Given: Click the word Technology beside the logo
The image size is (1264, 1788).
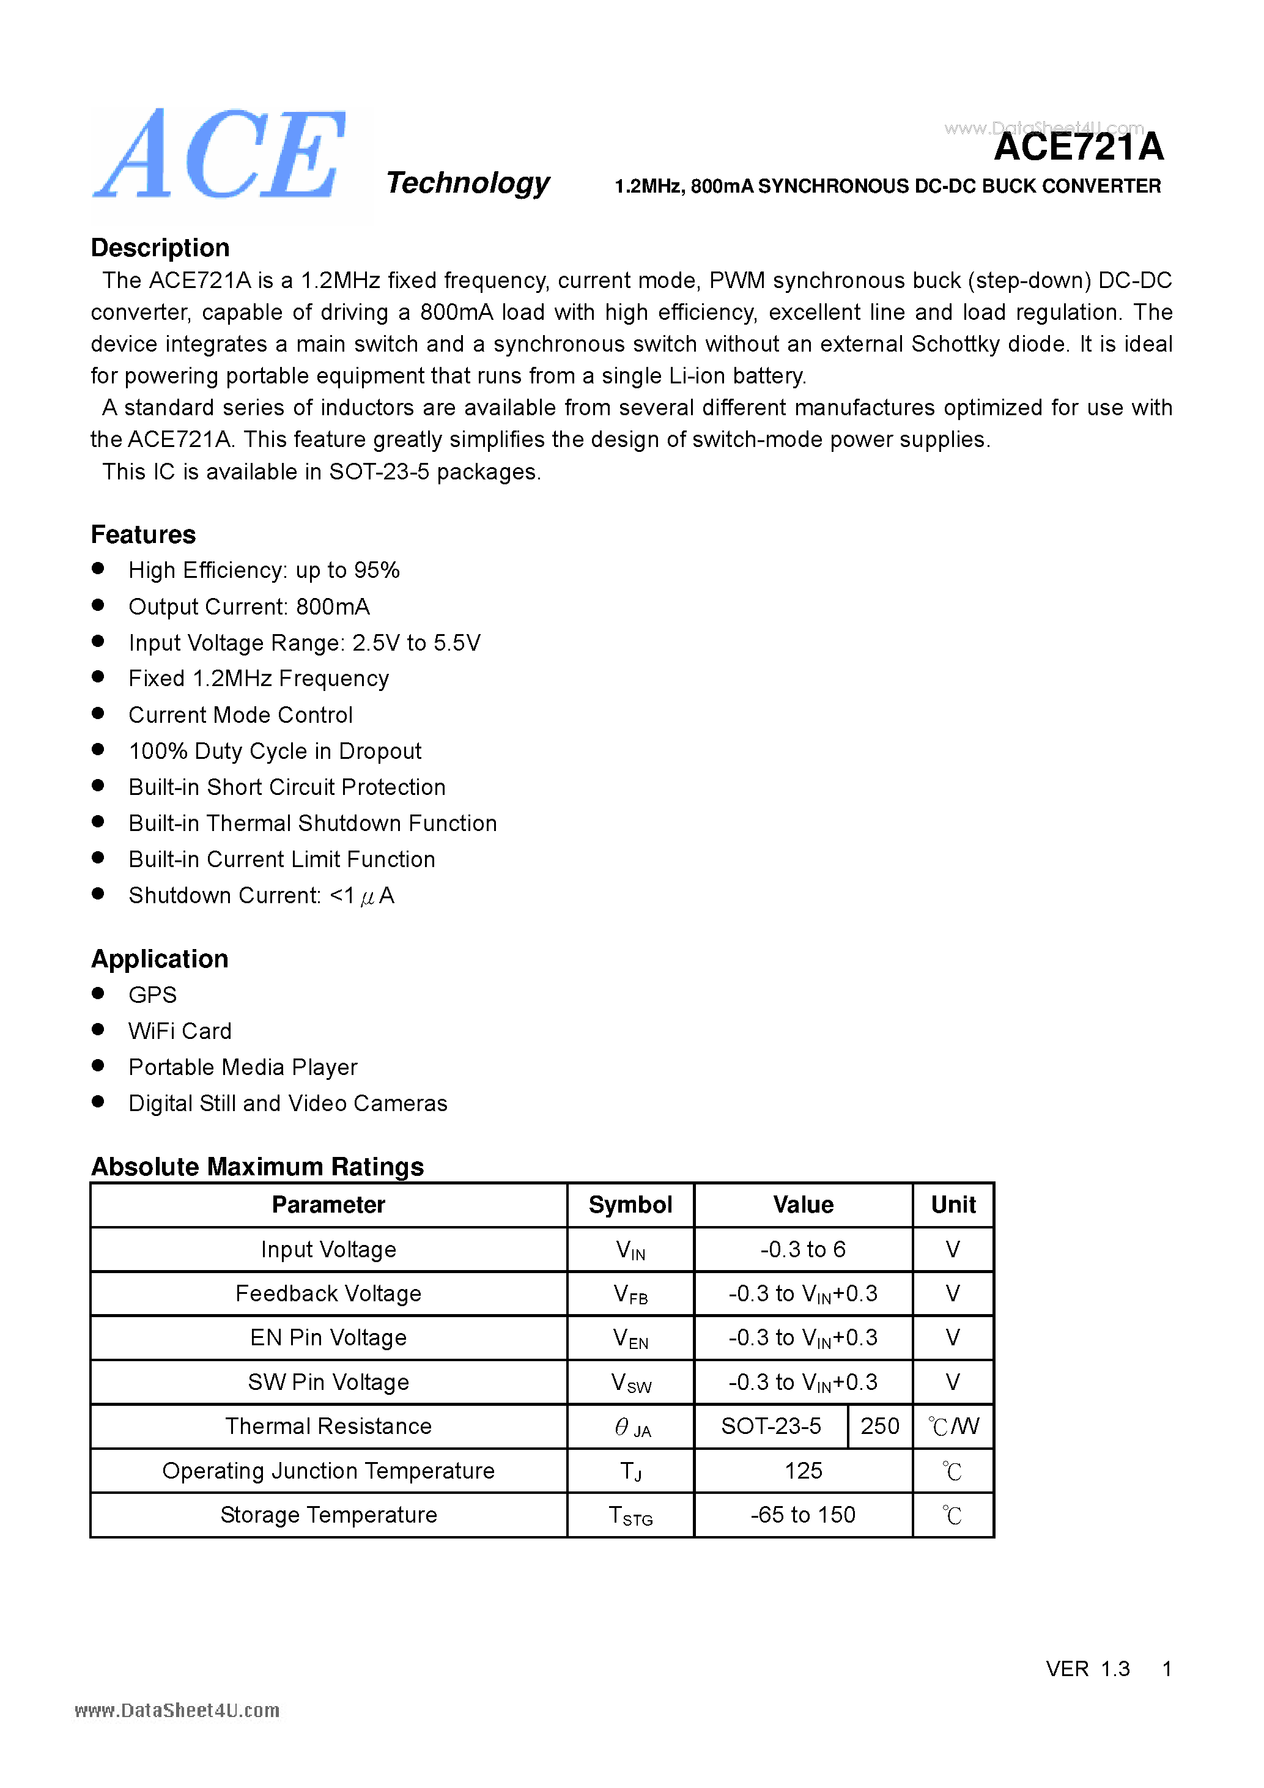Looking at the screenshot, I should pos(467,183).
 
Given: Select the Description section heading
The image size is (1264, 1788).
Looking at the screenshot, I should pos(160,248).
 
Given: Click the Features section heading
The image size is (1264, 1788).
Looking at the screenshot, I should pos(143,534).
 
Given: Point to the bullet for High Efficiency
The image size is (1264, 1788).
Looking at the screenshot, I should pos(98,569).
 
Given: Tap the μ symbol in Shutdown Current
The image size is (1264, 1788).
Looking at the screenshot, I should pos(368,897).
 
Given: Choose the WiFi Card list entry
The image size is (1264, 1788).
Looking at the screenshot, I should pos(180,1031).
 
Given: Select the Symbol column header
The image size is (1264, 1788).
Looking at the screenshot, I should pos(630,1205).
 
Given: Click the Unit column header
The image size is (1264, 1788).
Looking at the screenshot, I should pos(953,1205).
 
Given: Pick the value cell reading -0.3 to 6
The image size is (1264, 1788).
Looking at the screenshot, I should pos(802,1249).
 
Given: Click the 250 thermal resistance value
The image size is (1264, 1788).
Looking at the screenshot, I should pos(879,1426).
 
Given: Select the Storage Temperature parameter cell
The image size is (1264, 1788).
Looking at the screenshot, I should pos(328,1515).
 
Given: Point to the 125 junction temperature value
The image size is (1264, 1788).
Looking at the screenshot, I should pos(802,1470).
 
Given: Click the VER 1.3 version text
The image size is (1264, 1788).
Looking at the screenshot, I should pos(1087,1669).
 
